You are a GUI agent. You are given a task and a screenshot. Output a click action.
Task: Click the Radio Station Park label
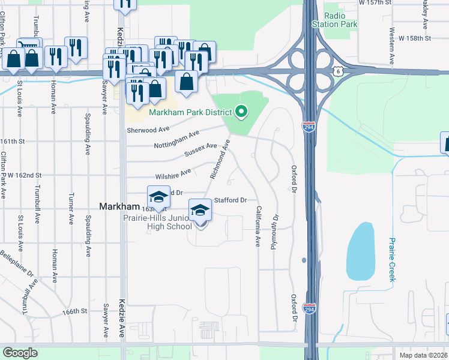click(x=334, y=20)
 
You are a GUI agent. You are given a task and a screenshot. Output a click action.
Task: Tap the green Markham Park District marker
click(x=241, y=112)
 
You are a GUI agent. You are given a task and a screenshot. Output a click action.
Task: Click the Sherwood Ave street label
click(x=148, y=129)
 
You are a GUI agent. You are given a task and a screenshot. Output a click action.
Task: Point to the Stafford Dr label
click(x=231, y=200)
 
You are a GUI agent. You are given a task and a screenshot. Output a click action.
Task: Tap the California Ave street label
click(x=258, y=226)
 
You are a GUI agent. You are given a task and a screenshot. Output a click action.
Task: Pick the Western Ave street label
click(x=391, y=46)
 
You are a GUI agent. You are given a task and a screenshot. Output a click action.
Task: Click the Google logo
click(x=20, y=353)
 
